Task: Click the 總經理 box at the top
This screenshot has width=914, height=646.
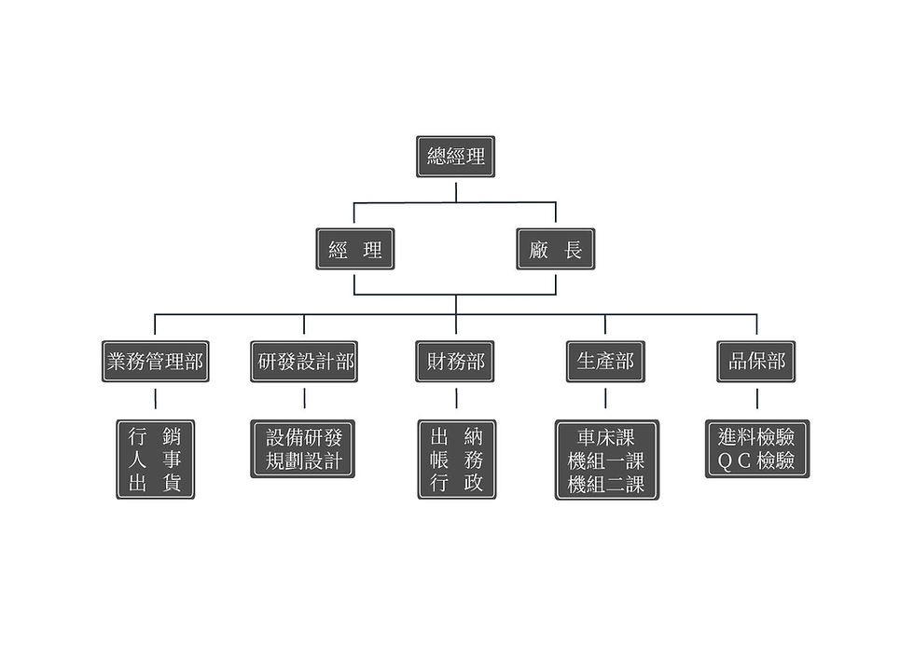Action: [x=455, y=157]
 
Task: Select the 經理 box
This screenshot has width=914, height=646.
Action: [x=354, y=249]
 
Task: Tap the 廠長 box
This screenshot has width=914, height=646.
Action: [x=555, y=249]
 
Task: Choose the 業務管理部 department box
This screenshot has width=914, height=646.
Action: [x=155, y=362]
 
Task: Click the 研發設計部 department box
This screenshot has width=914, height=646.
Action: [x=304, y=362]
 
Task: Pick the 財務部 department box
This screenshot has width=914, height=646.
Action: [x=455, y=362]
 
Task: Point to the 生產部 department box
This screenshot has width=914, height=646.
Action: [x=605, y=362]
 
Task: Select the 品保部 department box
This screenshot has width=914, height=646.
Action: [x=756, y=362]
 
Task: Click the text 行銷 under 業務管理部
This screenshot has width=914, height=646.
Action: [x=155, y=435]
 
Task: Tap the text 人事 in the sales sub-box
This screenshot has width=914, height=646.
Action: [x=155, y=460]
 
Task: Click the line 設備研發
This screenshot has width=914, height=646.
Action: [x=303, y=436]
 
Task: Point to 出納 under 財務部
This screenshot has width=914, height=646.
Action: [x=456, y=435]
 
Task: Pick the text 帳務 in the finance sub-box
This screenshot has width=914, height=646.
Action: [x=456, y=460]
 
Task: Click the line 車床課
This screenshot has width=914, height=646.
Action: [x=606, y=436]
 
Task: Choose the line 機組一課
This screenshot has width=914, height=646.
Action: [x=606, y=460]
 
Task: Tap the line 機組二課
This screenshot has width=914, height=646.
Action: [x=606, y=485]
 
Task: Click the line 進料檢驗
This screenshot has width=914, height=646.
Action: [x=756, y=436]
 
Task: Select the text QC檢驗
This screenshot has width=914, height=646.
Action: [x=756, y=460]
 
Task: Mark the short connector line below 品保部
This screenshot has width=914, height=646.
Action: [x=756, y=399]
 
